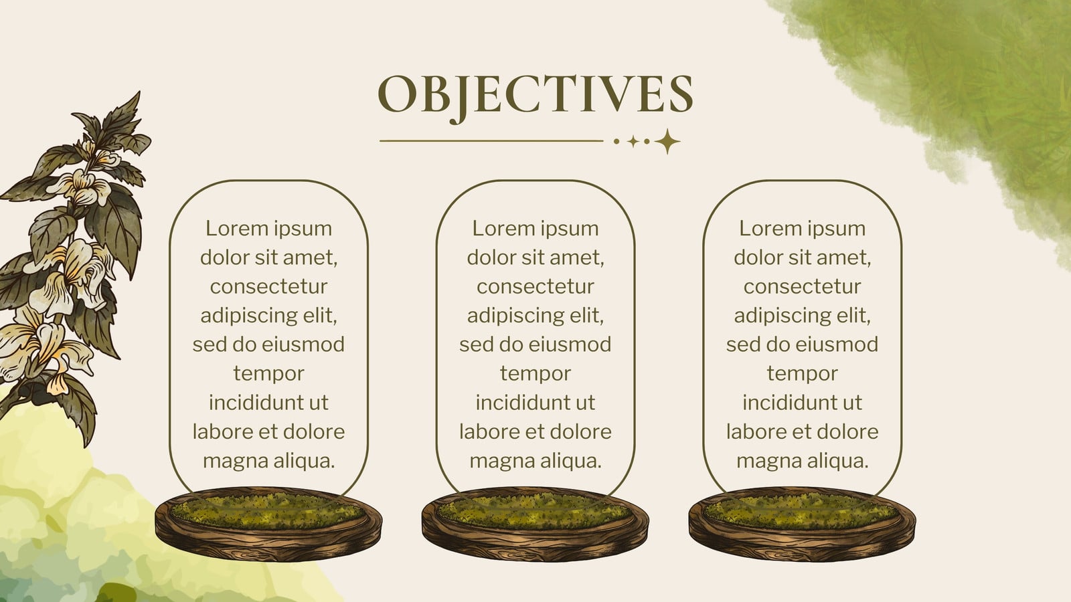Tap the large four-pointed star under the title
pyautogui.click(x=667, y=141)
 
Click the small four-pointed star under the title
pyautogui.click(x=633, y=141)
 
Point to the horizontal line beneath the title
pyautogui.click(x=491, y=141)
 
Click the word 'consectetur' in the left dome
pyautogui.click(x=268, y=287)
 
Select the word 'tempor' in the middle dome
pyautogui.click(x=535, y=374)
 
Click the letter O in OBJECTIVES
pyautogui.click(x=398, y=94)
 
